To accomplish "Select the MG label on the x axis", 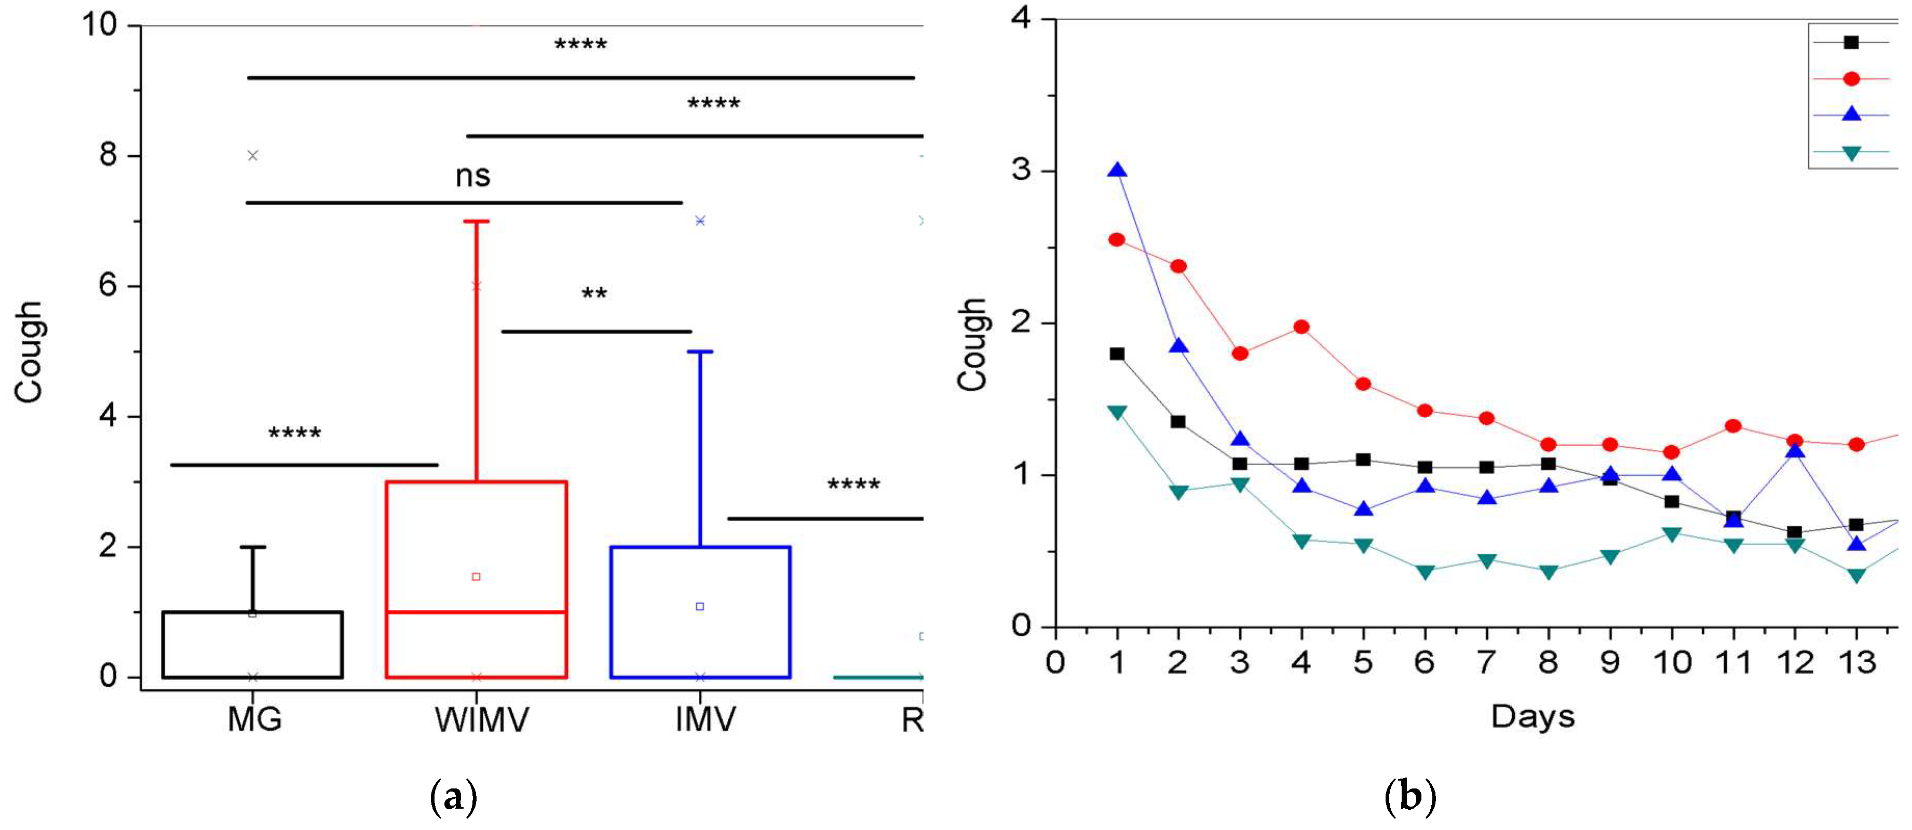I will click(254, 719).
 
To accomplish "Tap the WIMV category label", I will click(482, 719).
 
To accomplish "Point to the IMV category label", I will click(705, 719).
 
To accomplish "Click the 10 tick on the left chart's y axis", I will click(100, 25).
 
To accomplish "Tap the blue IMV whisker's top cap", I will click(700, 352).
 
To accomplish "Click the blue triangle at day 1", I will click(1117, 171).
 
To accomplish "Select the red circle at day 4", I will click(1301, 327).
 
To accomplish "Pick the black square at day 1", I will click(1117, 354).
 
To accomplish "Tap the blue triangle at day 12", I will click(1795, 450).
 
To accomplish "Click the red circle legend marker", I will click(1851, 79).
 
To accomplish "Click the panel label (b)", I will click(1410, 797).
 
